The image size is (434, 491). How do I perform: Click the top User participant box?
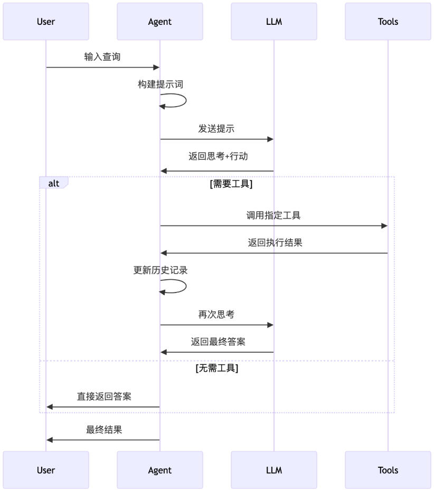(x=46, y=22)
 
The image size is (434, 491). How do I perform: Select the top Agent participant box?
(x=160, y=22)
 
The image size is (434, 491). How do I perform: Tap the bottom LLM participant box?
(x=274, y=470)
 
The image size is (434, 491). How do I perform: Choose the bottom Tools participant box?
(x=388, y=470)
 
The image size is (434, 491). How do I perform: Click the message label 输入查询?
(x=102, y=57)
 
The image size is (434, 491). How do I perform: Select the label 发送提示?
(x=216, y=129)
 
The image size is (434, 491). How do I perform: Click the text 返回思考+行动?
(x=216, y=156)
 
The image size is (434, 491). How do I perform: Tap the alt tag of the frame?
(x=53, y=183)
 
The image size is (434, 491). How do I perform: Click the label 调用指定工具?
(x=273, y=215)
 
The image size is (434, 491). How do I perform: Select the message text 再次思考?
(x=216, y=315)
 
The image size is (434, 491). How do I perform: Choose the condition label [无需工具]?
(x=216, y=368)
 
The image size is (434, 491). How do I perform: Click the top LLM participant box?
(x=274, y=22)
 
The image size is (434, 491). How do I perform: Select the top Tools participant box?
(x=388, y=22)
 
